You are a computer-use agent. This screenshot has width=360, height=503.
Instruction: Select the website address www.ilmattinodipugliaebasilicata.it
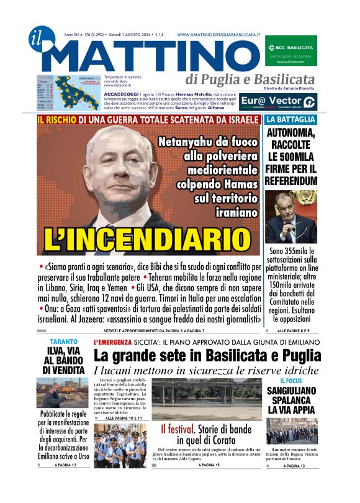tap(217, 35)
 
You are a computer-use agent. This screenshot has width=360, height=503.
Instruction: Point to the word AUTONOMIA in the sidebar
tap(291, 132)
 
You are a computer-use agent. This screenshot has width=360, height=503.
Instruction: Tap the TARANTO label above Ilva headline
tap(65, 342)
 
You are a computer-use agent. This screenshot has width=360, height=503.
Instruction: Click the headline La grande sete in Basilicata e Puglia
tap(207, 356)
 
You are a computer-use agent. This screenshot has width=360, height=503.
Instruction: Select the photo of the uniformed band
tap(120, 445)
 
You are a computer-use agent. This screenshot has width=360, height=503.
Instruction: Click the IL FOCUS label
tap(291, 381)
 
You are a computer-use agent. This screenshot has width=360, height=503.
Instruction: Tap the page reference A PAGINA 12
tap(65, 465)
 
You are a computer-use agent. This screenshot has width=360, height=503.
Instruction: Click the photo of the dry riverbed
tap(207, 399)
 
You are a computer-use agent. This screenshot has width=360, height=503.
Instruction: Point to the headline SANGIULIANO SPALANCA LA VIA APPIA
tap(291, 401)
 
